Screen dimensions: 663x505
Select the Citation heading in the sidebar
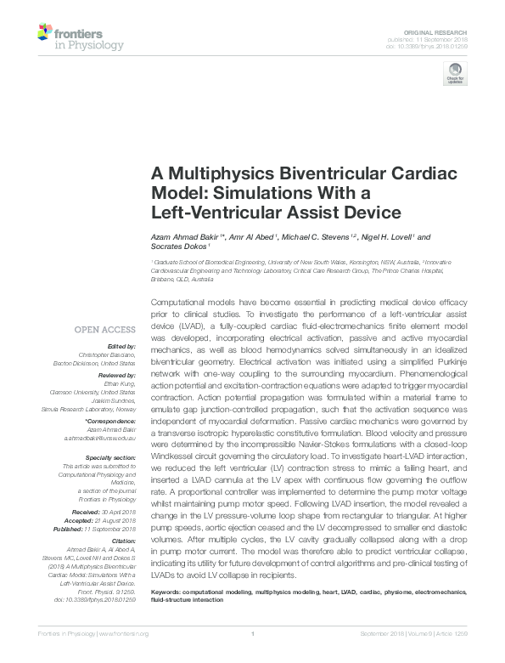[126, 541]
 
